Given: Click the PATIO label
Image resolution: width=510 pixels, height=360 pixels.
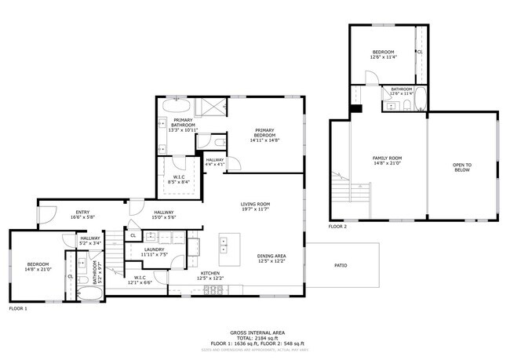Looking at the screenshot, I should pyautogui.click(x=341, y=265).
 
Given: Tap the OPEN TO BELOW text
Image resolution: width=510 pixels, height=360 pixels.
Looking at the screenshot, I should pyautogui.click(x=462, y=166).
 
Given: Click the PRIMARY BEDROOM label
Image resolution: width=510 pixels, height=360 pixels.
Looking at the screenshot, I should pyautogui.click(x=267, y=134).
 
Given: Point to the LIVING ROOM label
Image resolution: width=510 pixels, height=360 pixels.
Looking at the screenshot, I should pyautogui.click(x=255, y=206).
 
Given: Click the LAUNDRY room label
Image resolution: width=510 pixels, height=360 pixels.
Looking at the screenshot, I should pyautogui.click(x=154, y=252).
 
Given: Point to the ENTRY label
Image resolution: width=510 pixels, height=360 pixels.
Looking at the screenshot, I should pyautogui.click(x=82, y=214).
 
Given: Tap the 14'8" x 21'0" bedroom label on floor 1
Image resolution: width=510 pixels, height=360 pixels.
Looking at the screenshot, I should pyautogui.click(x=38, y=266).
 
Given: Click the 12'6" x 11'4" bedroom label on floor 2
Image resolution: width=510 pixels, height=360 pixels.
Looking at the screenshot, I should pyautogui.click(x=383, y=53).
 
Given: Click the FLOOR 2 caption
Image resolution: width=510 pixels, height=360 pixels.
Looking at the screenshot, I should pyautogui.click(x=338, y=227).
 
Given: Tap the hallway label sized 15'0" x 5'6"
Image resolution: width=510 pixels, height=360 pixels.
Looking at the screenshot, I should pyautogui.click(x=163, y=214).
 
